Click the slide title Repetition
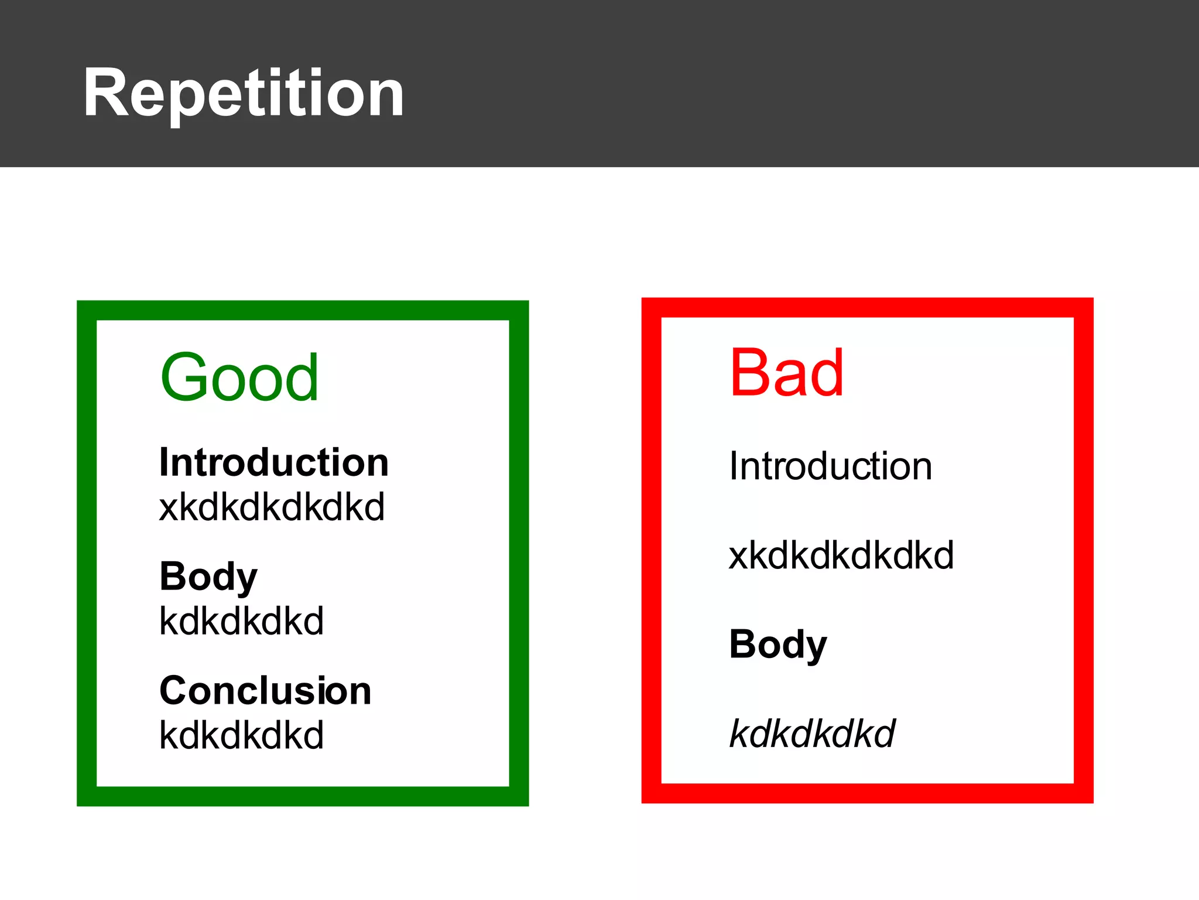[x=243, y=94]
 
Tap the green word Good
[x=240, y=378]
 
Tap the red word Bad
[x=786, y=373]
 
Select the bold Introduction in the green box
[x=274, y=463]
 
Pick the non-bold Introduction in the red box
[x=830, y=467]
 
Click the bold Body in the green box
[x=208, y=577]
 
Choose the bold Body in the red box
[x=777, y=645]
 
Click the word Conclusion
[x=265, y=691]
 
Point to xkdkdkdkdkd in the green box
[x=272, y=507]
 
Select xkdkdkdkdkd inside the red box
[x=841, y=555]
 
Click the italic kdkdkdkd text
[x=812, y=734]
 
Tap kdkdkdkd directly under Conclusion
[x=241, y=736]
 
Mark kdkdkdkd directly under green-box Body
[x=241, y=622]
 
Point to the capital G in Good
[x=183, y=378]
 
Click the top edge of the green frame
[x=303, y=311]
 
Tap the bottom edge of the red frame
[x=867, y=793]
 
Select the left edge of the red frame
[x=652, y=551]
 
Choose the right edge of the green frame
[x=519, y=554]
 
